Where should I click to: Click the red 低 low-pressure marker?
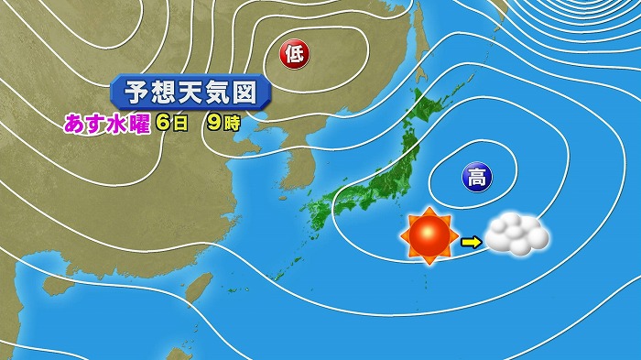tap(295, 54)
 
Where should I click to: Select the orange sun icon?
tap(429, 237)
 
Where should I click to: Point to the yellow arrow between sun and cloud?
tap(470, 242)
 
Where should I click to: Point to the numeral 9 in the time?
tap(213, 124)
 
